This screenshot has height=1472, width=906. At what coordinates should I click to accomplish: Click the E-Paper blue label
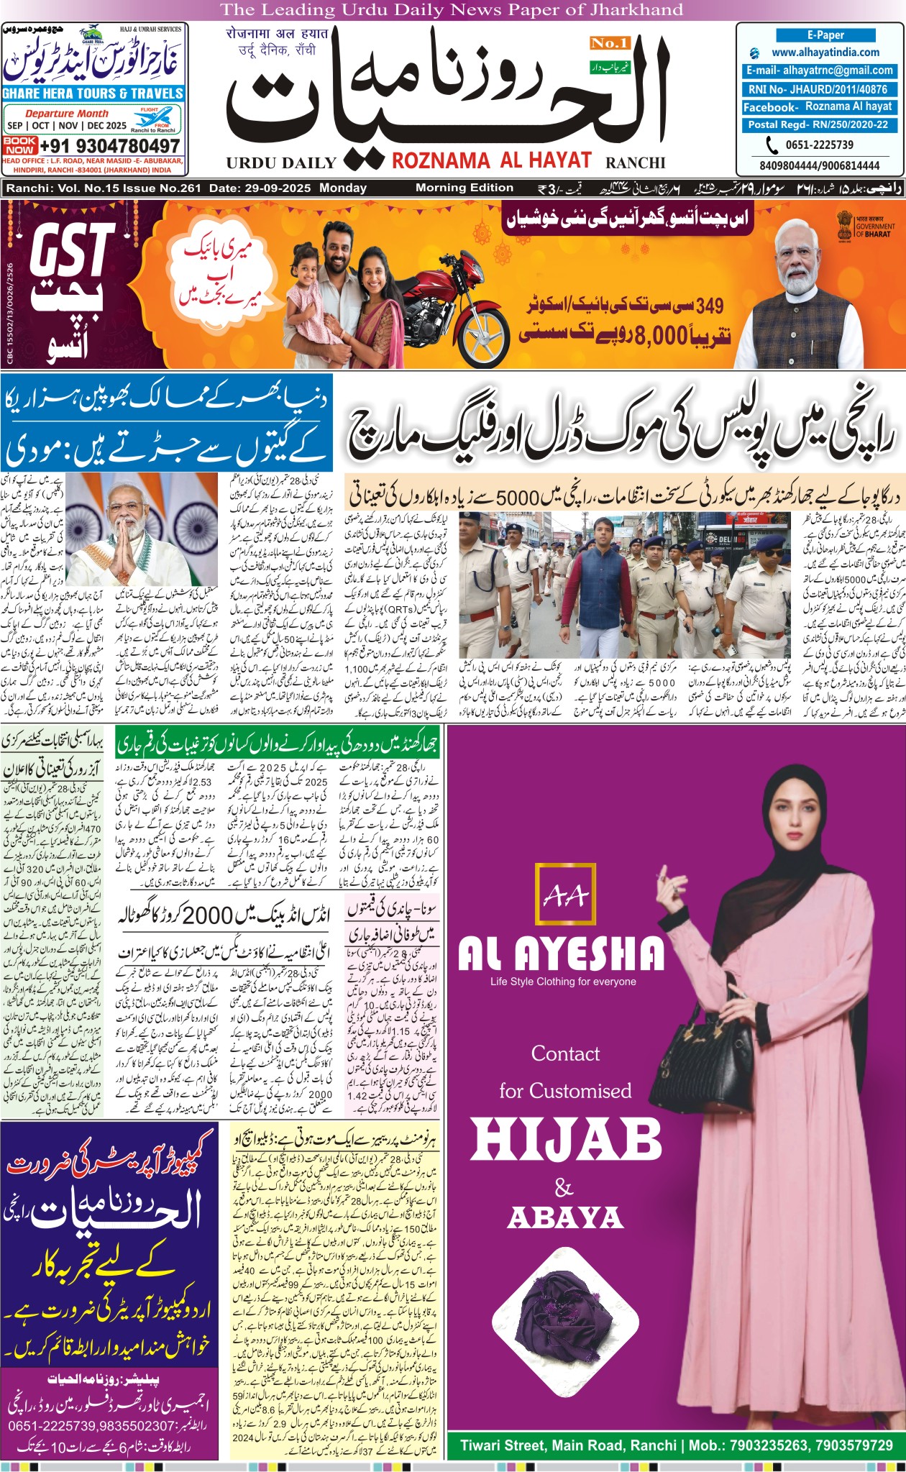[x=825, y=35]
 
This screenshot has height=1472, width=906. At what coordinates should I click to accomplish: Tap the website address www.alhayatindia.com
[x=825, y=52]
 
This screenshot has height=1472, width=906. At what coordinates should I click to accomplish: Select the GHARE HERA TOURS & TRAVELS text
[x=93, y=93]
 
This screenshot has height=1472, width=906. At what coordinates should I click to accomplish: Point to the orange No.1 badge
[x=609, y=44]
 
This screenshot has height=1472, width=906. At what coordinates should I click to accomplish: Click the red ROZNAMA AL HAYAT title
[x=492, y=160]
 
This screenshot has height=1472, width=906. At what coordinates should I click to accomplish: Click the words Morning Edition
[x=465, y=188]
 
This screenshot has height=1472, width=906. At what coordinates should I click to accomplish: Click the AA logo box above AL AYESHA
[x=566, y=895]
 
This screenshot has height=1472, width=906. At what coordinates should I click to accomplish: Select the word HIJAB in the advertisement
[x=567, y=1140]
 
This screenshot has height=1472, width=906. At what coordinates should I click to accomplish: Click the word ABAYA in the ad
[x=565, y=1218]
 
